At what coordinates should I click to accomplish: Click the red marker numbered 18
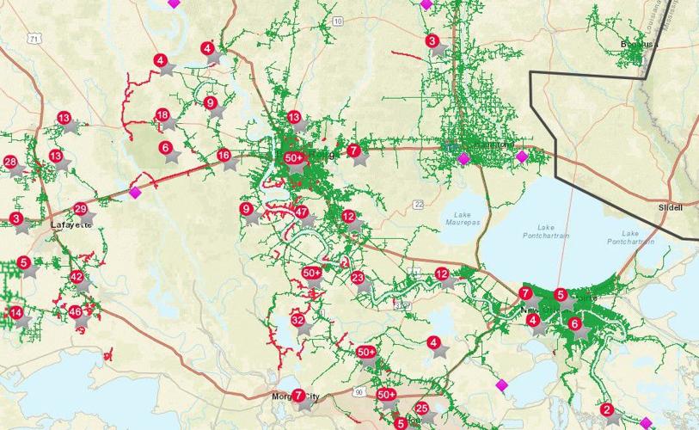click(x=162, y=115)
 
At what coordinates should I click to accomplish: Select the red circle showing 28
click(x=10, y=162)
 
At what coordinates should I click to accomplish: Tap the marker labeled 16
click(x=224, y=156)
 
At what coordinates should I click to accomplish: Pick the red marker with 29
click(x=80, y=209)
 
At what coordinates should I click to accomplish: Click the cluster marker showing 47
click(x=301, y=212)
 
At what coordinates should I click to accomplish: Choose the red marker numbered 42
click(x=77, y=277)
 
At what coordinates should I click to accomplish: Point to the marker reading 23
click(x=358, y=277)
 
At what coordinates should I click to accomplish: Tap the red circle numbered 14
click(x=15, y=313)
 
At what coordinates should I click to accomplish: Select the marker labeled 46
click(x=75, y=312)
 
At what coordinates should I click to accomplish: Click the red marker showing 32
click(x=298, y=320)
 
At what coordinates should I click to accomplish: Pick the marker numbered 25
click(x=421, y=408)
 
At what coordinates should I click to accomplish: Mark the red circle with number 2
click(x=606, y=409)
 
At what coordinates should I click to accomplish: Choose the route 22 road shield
click(x=418, y=204)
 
